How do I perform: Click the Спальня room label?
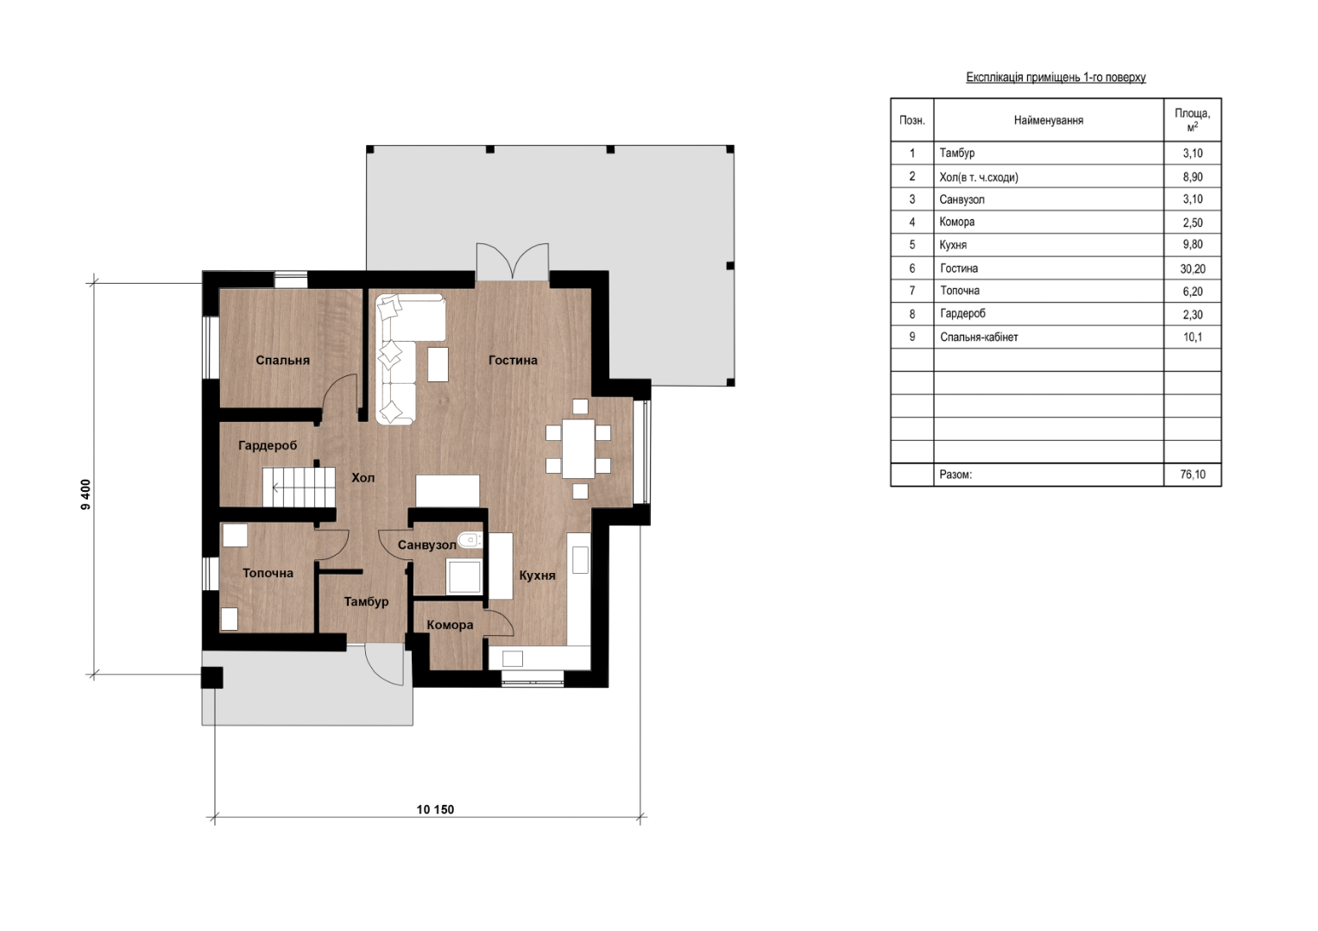coord(282,361)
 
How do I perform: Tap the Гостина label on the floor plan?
coord(513,361)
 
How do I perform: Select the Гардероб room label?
coord(268,446)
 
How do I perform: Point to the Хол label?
coord(363,477)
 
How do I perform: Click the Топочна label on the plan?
coord(268,573)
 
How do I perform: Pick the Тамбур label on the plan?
coord(366,601)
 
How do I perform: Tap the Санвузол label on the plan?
coord(426,545)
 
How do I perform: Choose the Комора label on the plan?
coord(450,626)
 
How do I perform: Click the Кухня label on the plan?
coord(537,576)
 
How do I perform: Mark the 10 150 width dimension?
coord(435,809)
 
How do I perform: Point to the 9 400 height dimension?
coord(86,494)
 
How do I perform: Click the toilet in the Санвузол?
coord(470,539)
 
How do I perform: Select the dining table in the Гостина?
coord(577,449)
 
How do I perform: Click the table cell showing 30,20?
coord(1193,268)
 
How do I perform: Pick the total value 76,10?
coord(1193,475)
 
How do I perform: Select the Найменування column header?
coord(1049,121)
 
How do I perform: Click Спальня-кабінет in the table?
coord(979,337)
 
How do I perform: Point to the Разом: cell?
coord(955,475)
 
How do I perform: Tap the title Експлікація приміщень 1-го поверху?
coord(1056,77)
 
